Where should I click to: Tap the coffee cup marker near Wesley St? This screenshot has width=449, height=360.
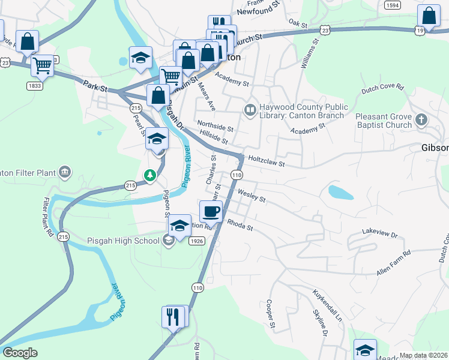(211, 212)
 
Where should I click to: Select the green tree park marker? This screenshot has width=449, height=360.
(149, 175)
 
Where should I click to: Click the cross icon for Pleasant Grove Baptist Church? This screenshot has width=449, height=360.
(421, 120)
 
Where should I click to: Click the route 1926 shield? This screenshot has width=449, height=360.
(196, 241)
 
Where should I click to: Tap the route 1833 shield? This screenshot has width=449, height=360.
(34, 86)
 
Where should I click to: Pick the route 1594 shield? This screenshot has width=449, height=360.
(393, 5)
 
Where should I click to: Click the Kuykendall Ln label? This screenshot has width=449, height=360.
(326, 305)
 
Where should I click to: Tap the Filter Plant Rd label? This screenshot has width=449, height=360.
(50, 217)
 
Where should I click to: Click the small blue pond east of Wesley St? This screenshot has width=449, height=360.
(340, 193)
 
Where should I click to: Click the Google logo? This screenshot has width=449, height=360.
(20, 353)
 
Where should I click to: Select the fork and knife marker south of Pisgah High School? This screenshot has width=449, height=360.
(173, 316)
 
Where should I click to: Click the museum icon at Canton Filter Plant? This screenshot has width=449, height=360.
(65, 173)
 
